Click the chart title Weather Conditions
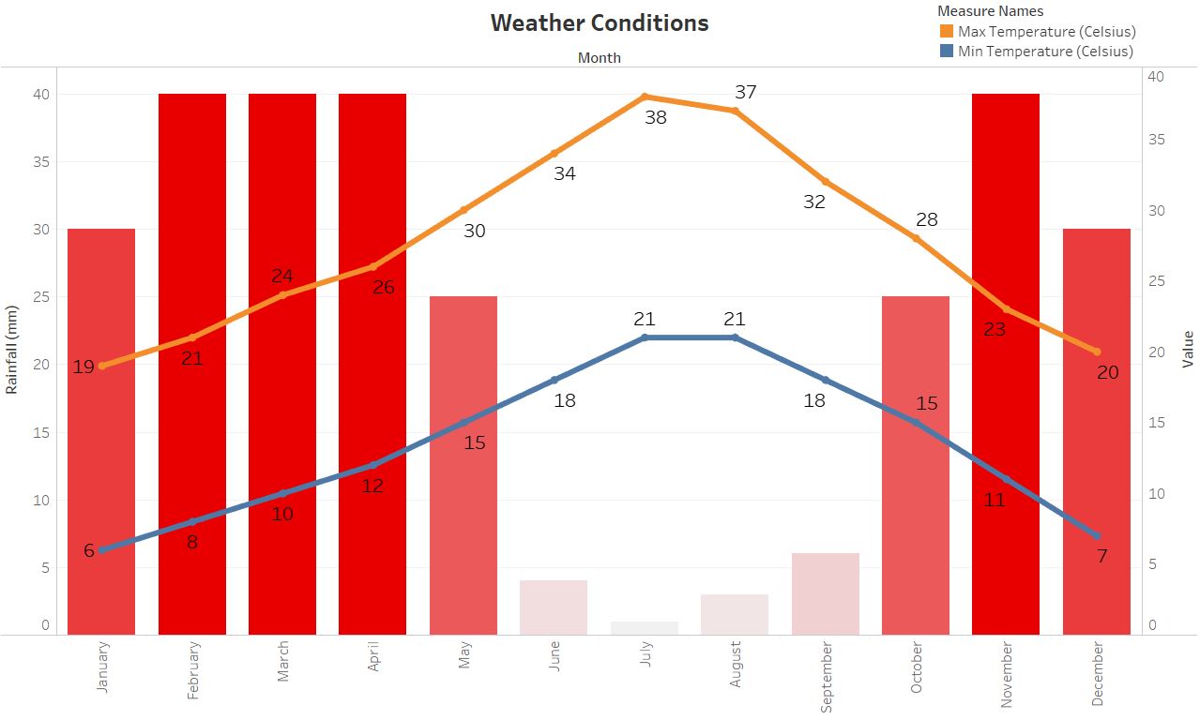[x=600, y=22]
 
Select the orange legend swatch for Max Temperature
[x=947, y=32]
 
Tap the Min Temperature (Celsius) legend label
[x=1045, y=52]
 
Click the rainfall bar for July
[x=645, y=628]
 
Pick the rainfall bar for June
[x=554, y=607]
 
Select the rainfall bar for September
[x=826, y=593]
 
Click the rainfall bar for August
[x=735, y=614]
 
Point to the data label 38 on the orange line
[x=656, y=117]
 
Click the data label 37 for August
[x=746, y=92]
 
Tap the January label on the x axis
[x=102, y=667]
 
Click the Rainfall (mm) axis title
[x=12, y=350]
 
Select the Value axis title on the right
[x=1188, y=349]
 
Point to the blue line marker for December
[x=1097, y=535]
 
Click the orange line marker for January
[x=101, y=366]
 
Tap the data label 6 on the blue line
[x=89, y=550]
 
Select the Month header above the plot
[x=600, y=57]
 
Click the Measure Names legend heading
[x=990, y=11]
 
